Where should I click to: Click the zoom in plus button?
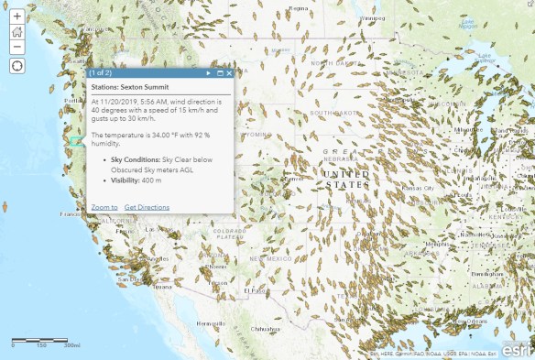[16, 16]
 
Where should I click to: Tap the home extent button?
[16, 31]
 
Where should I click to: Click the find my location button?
[16, 65]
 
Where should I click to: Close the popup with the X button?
[229, 72]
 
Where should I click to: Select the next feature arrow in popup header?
[209, 72]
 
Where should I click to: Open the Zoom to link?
[104, 207]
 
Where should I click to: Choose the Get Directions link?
[147, 207]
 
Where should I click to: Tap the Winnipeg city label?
[371, 17]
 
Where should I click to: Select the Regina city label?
[299, 8]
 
